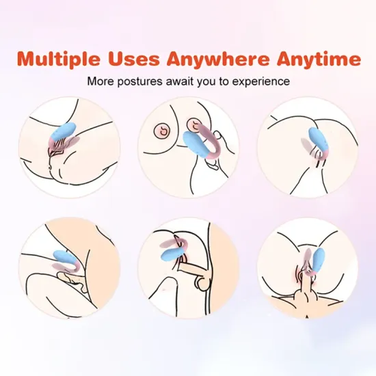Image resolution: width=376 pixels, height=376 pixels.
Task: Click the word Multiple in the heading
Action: pyautogui.click(x=59, y=59)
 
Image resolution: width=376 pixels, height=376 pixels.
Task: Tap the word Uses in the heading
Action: pyautogui.click(x=133, y=59)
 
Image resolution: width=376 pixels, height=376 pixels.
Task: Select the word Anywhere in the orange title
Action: pyautogui.click(x=218, y=59)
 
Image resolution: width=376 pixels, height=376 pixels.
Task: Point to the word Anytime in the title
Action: pyautogui.click(x=319, y=59)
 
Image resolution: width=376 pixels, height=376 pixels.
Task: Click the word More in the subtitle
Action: pyautogui.click(x=100, y=81)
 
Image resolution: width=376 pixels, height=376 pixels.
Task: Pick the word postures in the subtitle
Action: pyautogui.click(x=139, y=82)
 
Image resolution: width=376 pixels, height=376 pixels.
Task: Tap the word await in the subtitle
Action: pyautogui.click(x=180, y=81)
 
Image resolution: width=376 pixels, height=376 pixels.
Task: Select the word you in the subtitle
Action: pyautogui.click(x=206, y=83)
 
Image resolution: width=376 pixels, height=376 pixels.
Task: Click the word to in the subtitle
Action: pyautogui.click(x=224, y=82)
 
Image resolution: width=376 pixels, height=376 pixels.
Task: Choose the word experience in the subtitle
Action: pyautogui.click(x=261, y=82)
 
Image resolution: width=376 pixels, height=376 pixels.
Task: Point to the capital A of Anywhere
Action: pyautogui.click(x=176, y=59)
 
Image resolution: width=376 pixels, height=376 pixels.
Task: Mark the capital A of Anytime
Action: pyautogui.click(x=286, y=59)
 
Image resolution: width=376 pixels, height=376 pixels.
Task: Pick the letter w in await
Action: pyautogui.click(x=175, y=83)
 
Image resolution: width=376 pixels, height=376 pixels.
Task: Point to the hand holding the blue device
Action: pyautogui.click(x=217, y=150)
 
